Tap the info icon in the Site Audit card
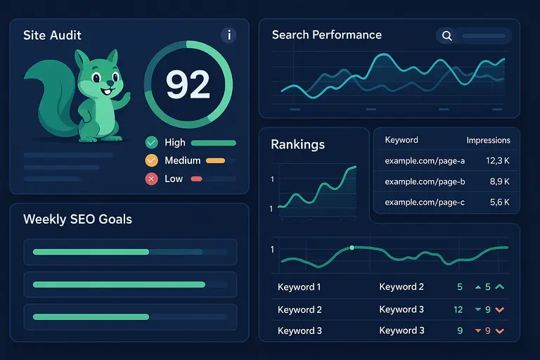pyautogui.click(x=229, y=35)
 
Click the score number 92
pyautogui.click(x=188, y=84)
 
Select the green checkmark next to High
pyautogui.click(x=151, y=142)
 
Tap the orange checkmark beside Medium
pyautogui.click(x=151, y=160)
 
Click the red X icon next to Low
pyautogui.click(x=151, y=179)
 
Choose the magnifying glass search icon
pyautogui.click(x=446, y=35)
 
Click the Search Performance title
pyautogui.click(x=326, y=35)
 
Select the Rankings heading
pyautogui.click(x=297, y=145)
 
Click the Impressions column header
pyautogui.click(x=488, y=140)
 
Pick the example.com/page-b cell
pyautogui.click(x=425, y=181)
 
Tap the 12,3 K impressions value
pyautogui.click(x=498, y=161)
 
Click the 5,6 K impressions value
pyautogui.click(x=498, y=202)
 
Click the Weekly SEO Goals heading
pyautogui.click(x=77, y=219)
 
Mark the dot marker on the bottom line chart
pyautogui.click(x=352, y=247)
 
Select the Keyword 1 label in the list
pyautogui.click(x=300, y=287)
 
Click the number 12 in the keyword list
pyautogui.click(x=458, y=309)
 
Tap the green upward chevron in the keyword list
pyautogui.click(x=500, y=287)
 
